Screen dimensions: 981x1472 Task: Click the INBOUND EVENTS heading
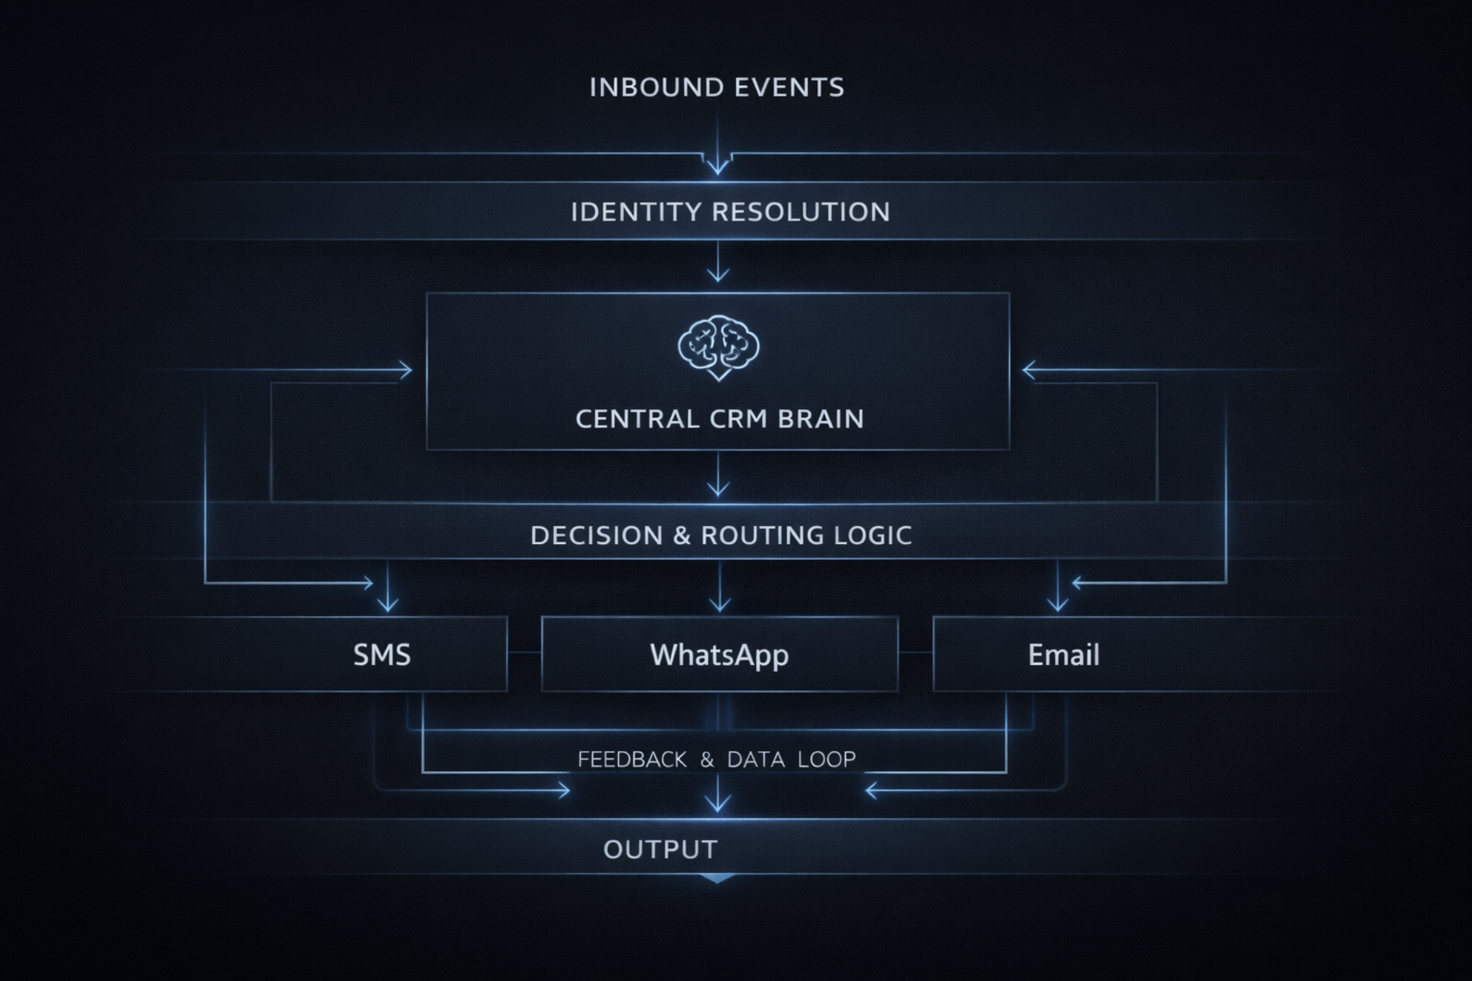point(717,88)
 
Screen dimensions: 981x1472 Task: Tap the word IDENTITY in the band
point(637,212)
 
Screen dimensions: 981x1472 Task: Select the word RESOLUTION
point(801,212)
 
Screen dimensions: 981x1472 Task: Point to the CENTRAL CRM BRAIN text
point(719,419)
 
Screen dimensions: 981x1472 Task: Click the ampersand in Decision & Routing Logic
point(681,535)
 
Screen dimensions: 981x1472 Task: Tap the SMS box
point(382,655)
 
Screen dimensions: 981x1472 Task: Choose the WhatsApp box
point(719,655)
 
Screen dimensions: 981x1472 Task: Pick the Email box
point(1063,655)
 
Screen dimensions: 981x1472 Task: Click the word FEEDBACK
point(632,760)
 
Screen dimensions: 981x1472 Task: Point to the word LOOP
point(827,760)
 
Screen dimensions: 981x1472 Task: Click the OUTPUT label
point(660,849)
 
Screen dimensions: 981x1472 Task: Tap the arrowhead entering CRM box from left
point(407,371)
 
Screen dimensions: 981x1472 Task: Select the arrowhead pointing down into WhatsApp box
point(719,606)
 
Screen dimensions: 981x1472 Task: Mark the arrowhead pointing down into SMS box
point(388,606)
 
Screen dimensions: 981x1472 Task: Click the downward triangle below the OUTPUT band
point(717,878)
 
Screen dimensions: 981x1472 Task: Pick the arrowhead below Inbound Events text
point(717,169)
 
